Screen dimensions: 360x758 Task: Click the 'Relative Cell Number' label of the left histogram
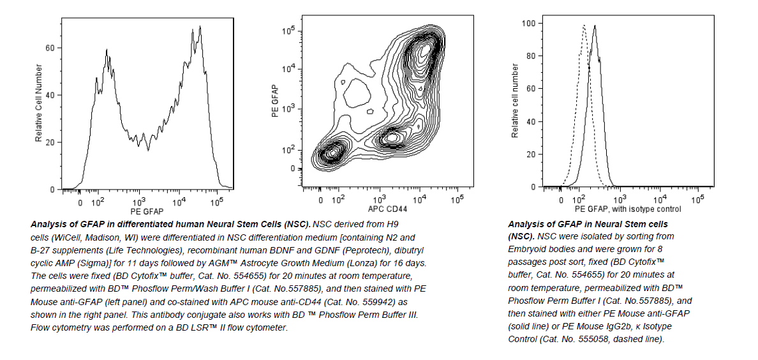39,103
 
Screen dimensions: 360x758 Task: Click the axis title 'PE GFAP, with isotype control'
628,209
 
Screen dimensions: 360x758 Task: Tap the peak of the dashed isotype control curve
584,26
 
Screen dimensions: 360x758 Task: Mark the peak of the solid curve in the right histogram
595,26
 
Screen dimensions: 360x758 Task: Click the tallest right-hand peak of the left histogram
200,27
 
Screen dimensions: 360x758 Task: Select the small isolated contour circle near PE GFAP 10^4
343,82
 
